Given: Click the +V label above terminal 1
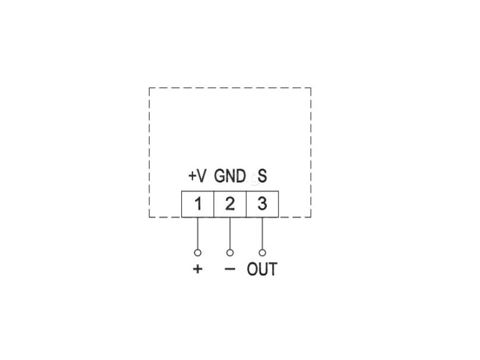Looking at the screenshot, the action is (197, 176).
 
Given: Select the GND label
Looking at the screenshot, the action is (230, 176).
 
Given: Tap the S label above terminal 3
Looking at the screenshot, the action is (262, 176).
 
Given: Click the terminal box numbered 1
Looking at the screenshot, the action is (197, 204).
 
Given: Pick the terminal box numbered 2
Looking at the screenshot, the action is (230, 204).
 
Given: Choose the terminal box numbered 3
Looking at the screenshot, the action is (262, 204).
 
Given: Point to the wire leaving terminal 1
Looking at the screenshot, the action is (197, 233).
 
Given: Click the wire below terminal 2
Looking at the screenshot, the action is (230, 233).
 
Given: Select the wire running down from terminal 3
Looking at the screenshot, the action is (262, 233).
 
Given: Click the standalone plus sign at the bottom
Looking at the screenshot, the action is (197, 269).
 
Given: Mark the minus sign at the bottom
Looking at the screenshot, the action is (230, 269).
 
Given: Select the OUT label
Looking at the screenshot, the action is (262, 269).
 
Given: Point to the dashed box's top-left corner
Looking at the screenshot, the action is (149, 88).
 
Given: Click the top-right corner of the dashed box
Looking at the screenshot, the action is (311, 88).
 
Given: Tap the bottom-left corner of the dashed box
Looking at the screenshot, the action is (149, 217).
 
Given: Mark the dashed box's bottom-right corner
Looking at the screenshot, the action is (311, 217).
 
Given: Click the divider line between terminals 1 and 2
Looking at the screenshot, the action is (214, 204).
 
